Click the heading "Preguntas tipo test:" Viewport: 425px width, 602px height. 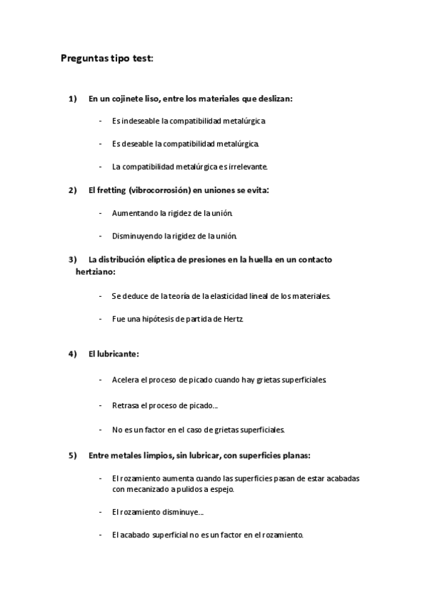coord(106,60)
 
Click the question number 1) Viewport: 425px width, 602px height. coord(72,99)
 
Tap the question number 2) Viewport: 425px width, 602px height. coord(72,190)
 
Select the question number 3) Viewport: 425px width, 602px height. coord(72,259)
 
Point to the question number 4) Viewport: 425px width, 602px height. coord(72,354)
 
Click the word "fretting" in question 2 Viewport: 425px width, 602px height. coord(111,190)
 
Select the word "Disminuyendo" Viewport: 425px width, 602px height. coord(137,236)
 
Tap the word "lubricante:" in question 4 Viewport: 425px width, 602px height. coord(118,354)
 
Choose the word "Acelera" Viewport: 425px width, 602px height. coord(125,380)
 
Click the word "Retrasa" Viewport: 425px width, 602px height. coord(124,405)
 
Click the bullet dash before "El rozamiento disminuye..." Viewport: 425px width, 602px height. coord(101,512)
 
